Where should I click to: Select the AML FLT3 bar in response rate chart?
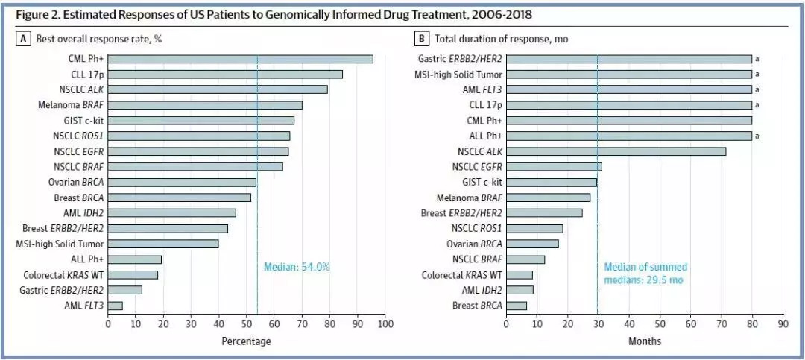click(116, 306)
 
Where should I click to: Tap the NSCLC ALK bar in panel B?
click(616, 151)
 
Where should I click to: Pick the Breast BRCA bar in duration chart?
click(516, 306)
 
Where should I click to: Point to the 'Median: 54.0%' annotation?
click(297, 267)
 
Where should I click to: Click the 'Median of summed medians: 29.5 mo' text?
click(645, 274)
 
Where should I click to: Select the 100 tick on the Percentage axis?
click(385, 324)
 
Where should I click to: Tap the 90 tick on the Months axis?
click(783, 324)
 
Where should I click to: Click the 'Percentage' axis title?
click(246, 341)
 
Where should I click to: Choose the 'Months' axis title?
click(644, 341)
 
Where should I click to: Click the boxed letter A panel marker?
click(25, 38)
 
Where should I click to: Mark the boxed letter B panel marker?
click(423, 38)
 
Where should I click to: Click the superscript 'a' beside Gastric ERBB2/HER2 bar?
click(757, 59)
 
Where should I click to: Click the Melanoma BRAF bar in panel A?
click(205, 105)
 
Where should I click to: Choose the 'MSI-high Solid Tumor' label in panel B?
click(458, 75)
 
